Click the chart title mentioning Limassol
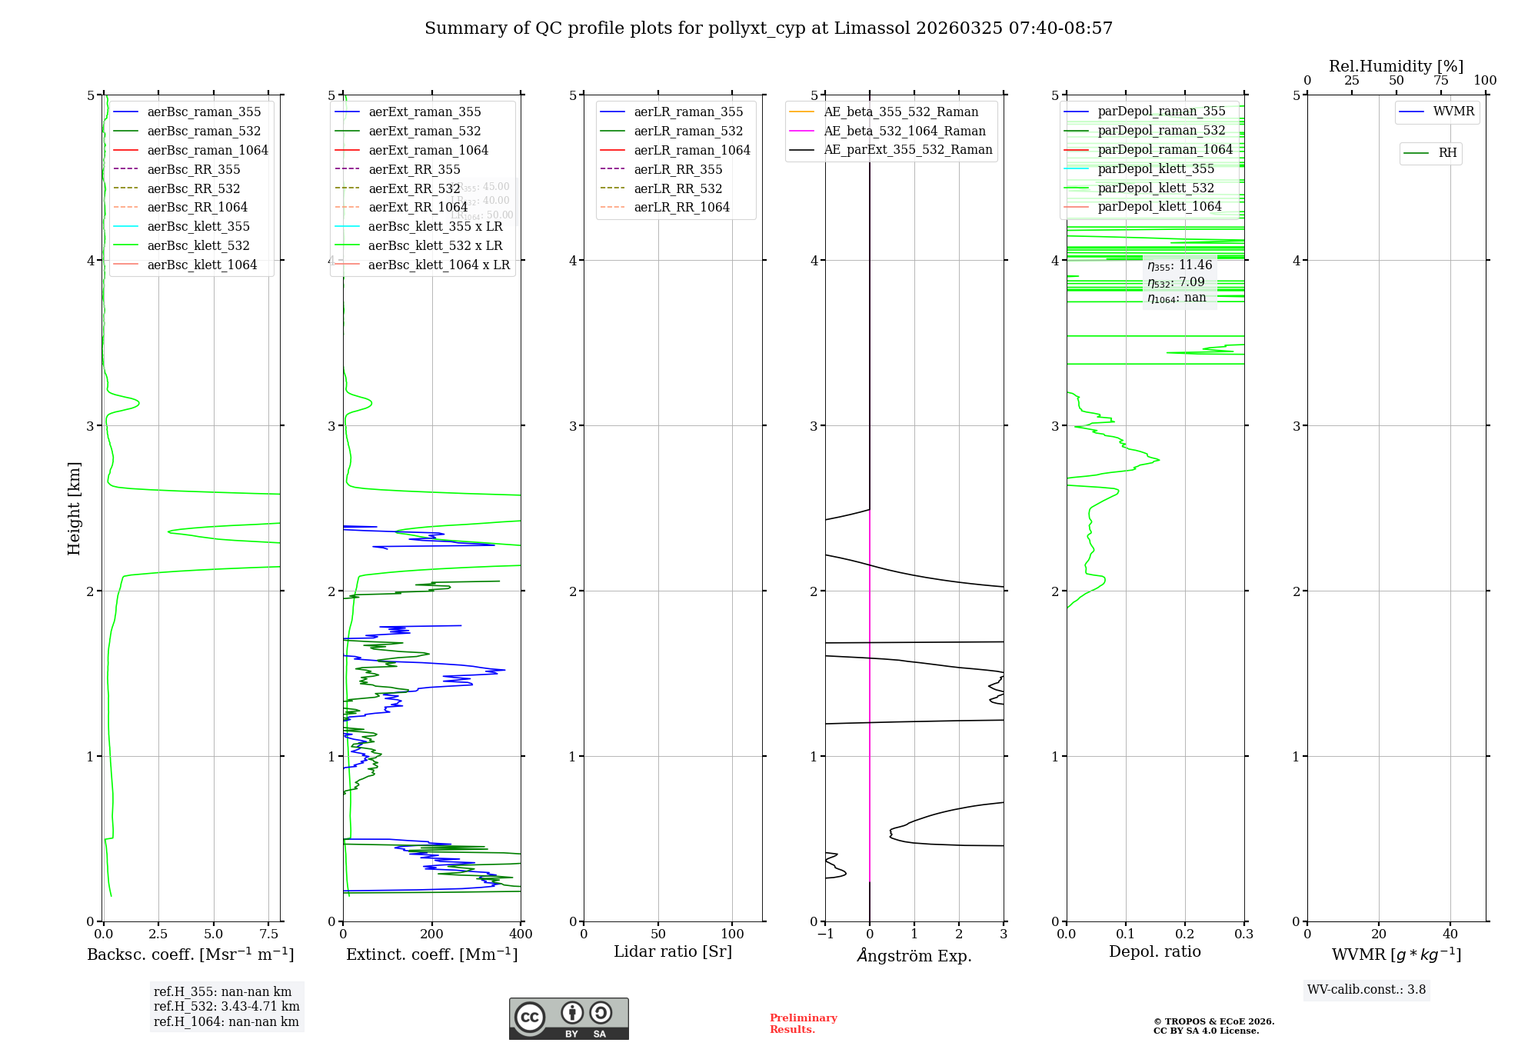click(768, 28)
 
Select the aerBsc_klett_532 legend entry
click(198, 246)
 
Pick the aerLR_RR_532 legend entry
click(677, 189)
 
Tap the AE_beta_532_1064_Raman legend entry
click(904, 132)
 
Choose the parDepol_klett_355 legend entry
click(1156, 169)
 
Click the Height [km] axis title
click(74, 508)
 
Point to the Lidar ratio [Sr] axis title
click(673, 952)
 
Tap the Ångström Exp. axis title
click(914, 956)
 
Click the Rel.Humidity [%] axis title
click(1396, 66)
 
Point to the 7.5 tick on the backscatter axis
click(268, 934)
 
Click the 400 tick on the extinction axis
click(521, 934)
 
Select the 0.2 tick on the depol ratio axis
click(1185, 934)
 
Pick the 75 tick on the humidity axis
click(1440, 81)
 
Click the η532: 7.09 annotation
click(1176, 282)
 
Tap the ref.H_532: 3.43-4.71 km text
click(226, 1007)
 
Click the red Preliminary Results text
click(803, 1024)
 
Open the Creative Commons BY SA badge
click(568, 1019)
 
